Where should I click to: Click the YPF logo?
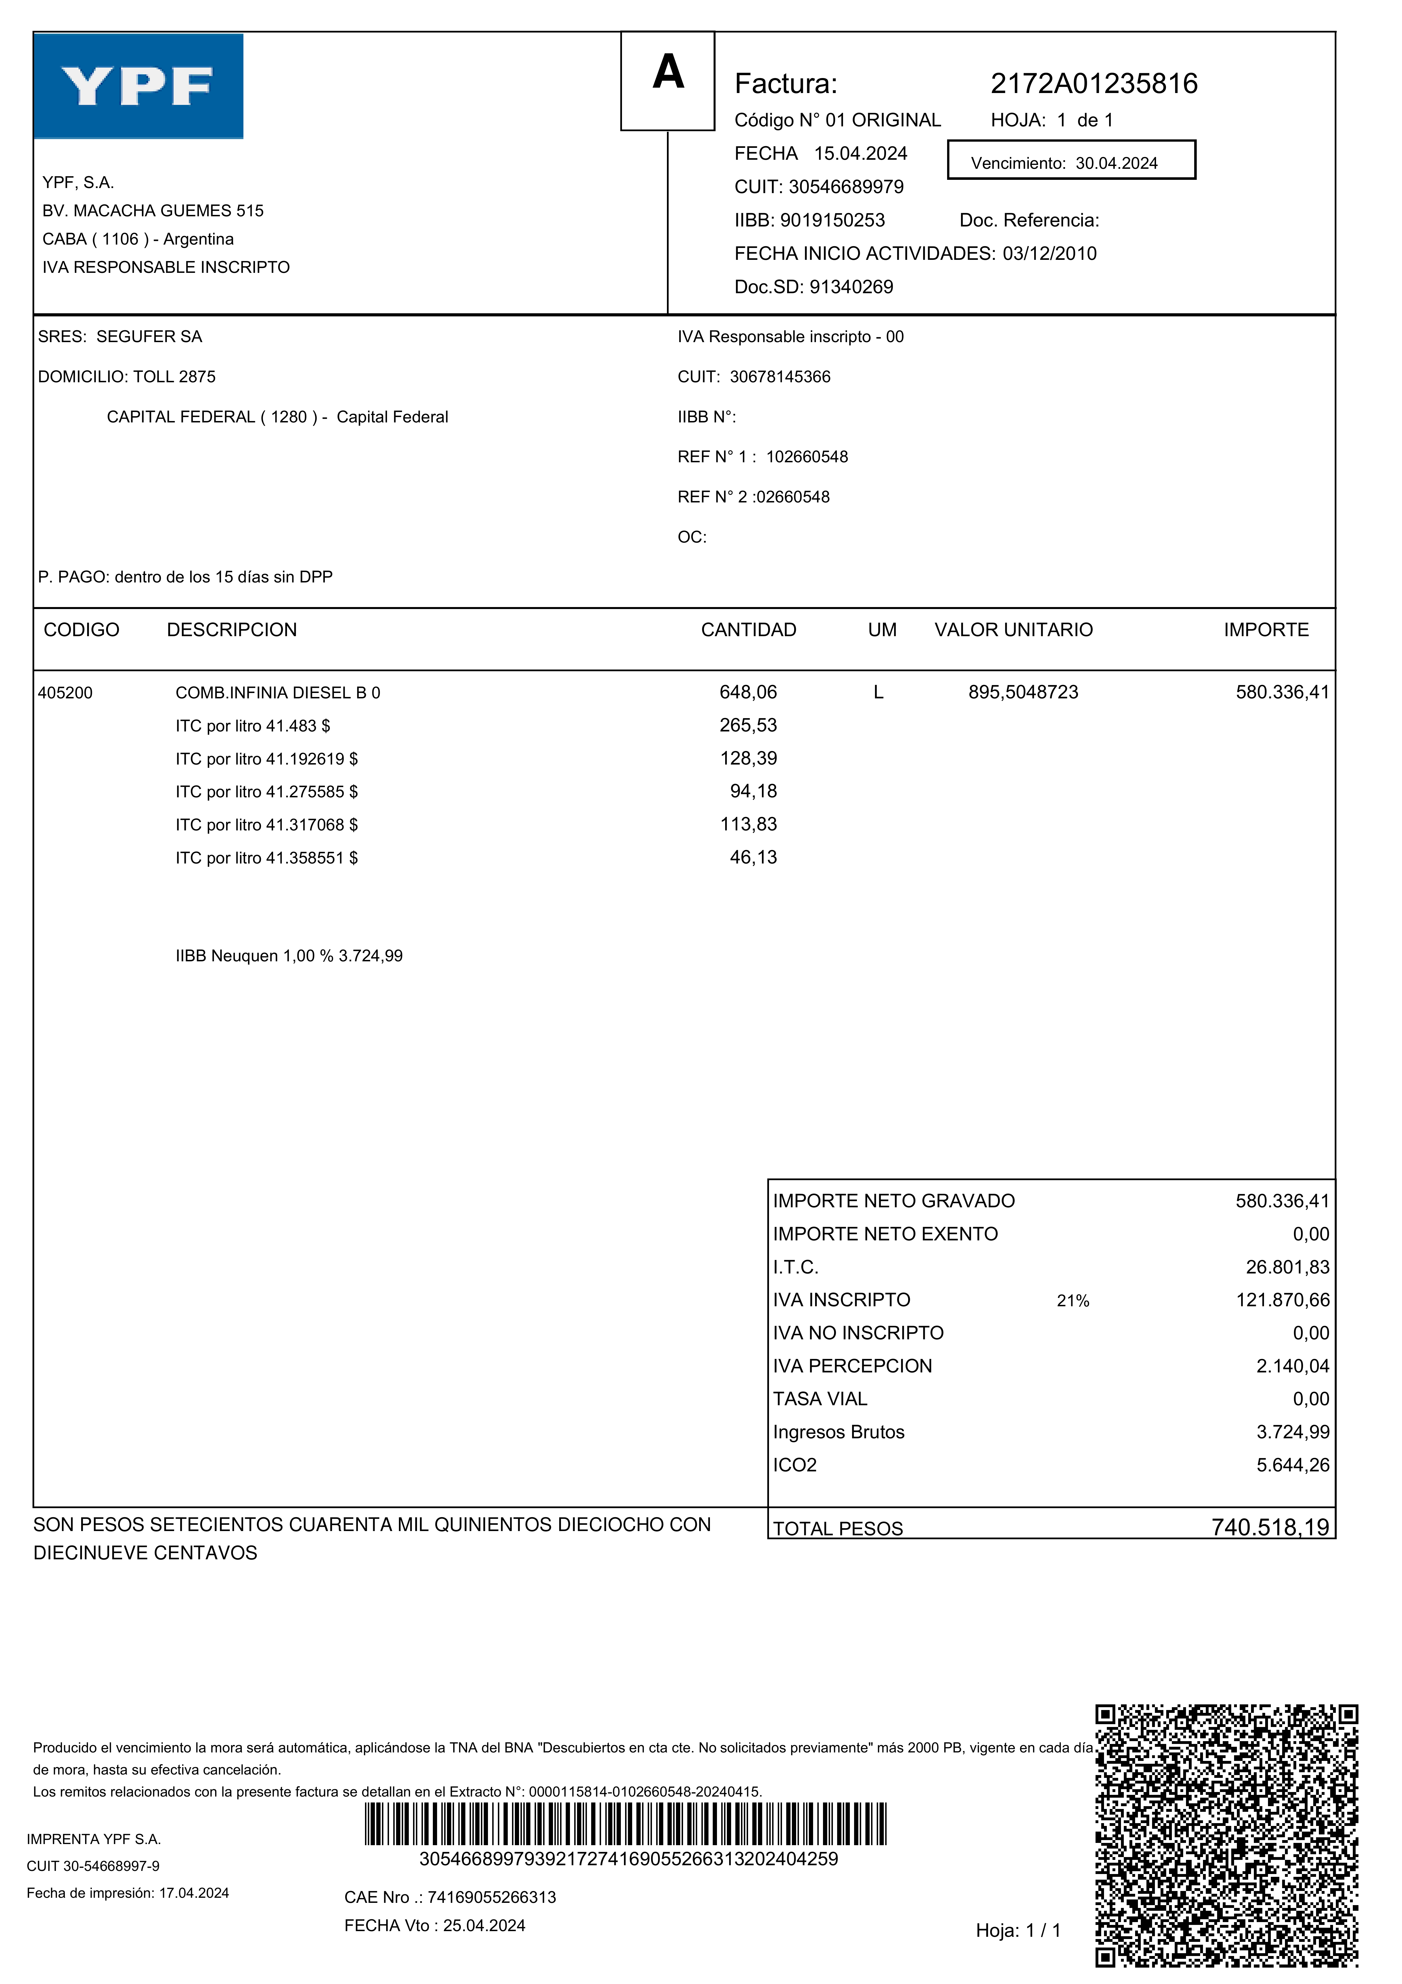(138, 87)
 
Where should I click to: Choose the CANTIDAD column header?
(748, 630)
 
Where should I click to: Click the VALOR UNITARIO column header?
(1013, 630)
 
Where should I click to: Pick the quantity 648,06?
(748, 692)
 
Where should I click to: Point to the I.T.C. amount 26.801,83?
(1287, 1268)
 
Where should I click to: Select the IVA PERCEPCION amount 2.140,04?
(1292, 1366)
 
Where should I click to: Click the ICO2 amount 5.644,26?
(1292, 1465)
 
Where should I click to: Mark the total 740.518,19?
(1270, 1528)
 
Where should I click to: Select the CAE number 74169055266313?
(492, 1897)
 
